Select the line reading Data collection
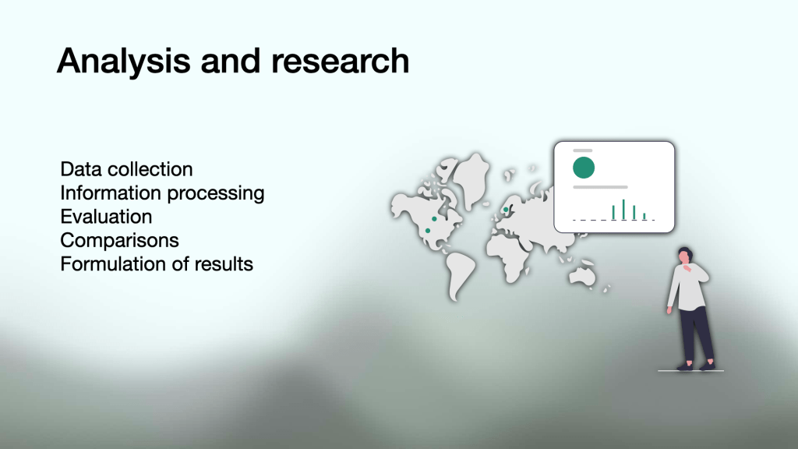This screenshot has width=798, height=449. pyautogui.click(x=126, y=169)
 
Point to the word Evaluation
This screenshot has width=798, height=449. pyautogui.click(x=106, y=217)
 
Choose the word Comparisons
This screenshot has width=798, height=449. pyautogui.click(x=119, y=241)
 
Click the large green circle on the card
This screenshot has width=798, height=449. pyautogui.click(x=583, y=168)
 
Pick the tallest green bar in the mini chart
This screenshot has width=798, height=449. pyautogui.click(x=623, y=210)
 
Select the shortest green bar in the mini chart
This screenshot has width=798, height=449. pyautogui.click(x=644, y=217)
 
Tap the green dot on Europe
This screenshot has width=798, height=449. pyautogui.click(x=506, y=209)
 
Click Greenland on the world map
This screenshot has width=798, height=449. pyautogui.click(x=471, y=179)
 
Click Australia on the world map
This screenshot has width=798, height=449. pyautogui.click(x=582, y=276)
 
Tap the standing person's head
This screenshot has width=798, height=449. pyautogui.click(x=684, y=256)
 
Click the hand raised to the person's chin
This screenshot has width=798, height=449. pyautogui.click(x=687, y=266)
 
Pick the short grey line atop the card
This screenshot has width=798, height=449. pyautogui.click(x=583, y=150)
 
